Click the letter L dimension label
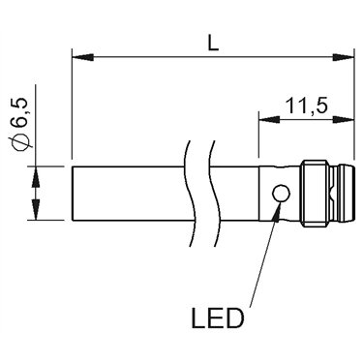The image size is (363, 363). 213,44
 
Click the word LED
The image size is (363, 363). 217,318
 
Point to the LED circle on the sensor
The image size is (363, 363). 281,194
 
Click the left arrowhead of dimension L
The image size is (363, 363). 83,58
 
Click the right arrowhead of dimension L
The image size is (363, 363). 344,58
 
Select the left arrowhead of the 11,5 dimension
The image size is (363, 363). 269,119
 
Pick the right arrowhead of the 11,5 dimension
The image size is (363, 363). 344,119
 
